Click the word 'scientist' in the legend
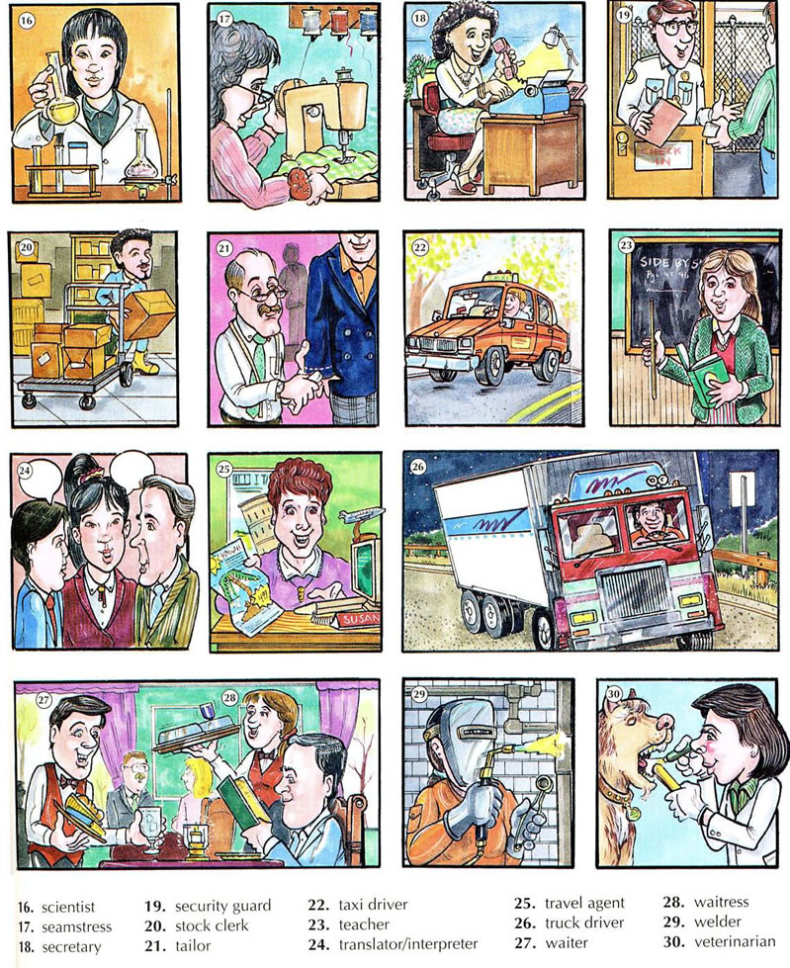pos(68,907)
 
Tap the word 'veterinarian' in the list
pos(735,942)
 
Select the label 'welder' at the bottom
pos(717,922)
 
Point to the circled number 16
pos(27,21)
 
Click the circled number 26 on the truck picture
pos(418,467)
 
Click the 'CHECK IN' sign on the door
pos(659,155)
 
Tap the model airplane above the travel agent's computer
pos(362,514)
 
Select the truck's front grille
pos(633,593)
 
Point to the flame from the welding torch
pos(543,743)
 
